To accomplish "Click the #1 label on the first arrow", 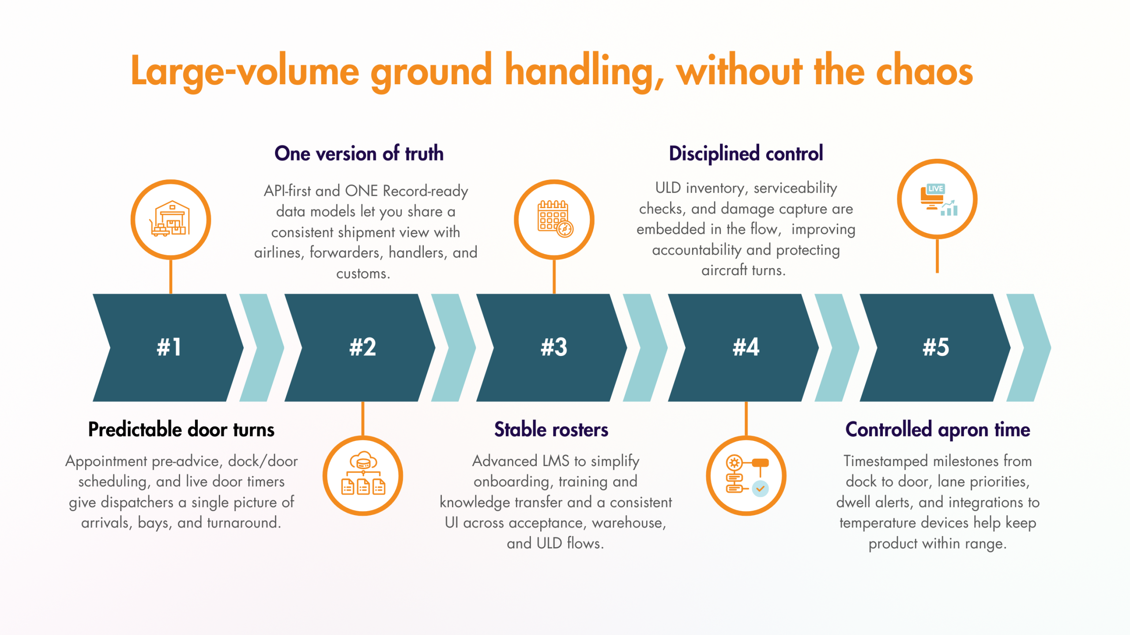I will point(169,347).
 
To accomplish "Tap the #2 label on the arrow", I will point(362,347).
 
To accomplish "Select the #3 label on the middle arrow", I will point(554,347).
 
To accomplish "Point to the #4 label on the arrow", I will point(746,347).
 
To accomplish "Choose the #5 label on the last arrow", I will point(936,347).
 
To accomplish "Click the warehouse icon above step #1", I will point(171,219).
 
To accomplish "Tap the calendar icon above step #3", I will point(554,219).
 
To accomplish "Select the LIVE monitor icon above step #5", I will point(938,199).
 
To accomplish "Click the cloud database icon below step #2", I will point(363,475).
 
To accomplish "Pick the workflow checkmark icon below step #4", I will point(746,475).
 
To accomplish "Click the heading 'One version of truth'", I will point(359,153).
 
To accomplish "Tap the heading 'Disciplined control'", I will point(746,153).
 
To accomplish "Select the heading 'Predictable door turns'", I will point(181,430).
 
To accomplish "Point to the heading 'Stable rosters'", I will point(551,430).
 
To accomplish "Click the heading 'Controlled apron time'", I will point(938,430).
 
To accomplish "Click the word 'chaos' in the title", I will point(924,71).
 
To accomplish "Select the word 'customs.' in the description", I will point(363,273).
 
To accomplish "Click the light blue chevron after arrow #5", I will point(1028,347).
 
